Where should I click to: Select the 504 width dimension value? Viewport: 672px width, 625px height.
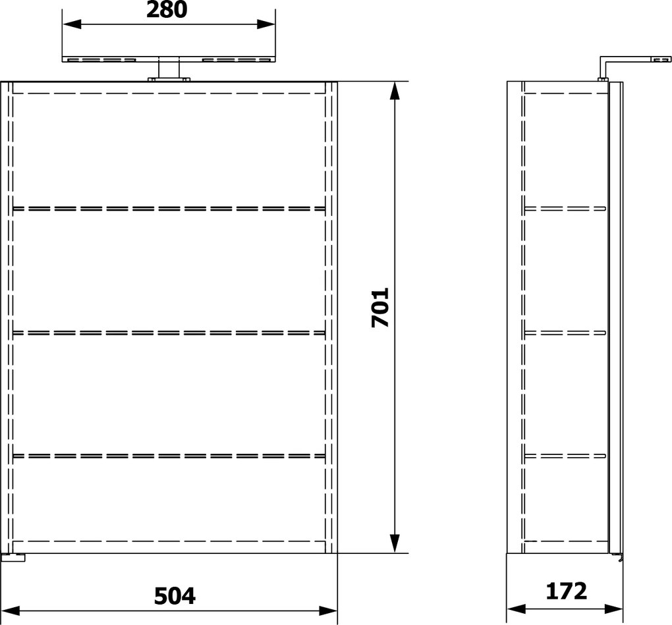point(175,595)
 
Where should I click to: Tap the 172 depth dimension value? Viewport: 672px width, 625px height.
point(566,591)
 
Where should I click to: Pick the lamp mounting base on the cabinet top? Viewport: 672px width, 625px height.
point(169,80)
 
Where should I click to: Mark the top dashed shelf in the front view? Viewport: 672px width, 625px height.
point(169,208)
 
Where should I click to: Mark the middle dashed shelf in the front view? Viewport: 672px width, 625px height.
point(169,332)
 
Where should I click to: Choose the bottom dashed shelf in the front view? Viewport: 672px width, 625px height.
point(169,455)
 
